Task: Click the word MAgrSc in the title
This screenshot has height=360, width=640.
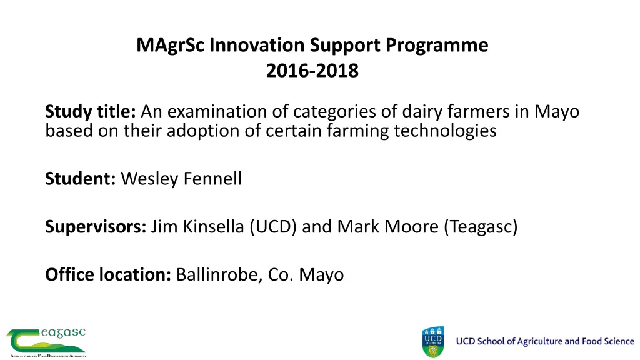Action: click(171, 46)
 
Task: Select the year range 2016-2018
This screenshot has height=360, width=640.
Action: click(312, 71)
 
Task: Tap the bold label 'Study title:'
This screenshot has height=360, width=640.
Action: click(91, 112)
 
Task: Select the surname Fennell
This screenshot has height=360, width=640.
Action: click(211, 179)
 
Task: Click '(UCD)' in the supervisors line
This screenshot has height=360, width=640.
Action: click(272, 227)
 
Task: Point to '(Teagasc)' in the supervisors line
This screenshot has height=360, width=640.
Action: click(481, 227)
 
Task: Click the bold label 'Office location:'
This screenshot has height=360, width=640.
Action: click(108, 274)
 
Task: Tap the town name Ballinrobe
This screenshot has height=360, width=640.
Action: click(216, 274)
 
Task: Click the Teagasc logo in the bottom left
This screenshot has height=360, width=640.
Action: click(46, 342)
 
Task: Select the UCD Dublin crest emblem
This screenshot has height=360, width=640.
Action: click(433, 342)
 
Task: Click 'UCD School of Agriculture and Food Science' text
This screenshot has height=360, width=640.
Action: click(545, 341)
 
